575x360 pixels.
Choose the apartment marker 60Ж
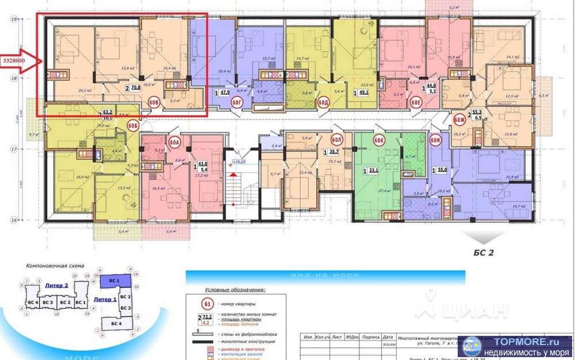pos(459,120)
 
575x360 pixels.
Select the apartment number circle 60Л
pos(337,140)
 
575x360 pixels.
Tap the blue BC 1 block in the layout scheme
pos(114,280)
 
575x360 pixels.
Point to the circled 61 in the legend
pos(208,303)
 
